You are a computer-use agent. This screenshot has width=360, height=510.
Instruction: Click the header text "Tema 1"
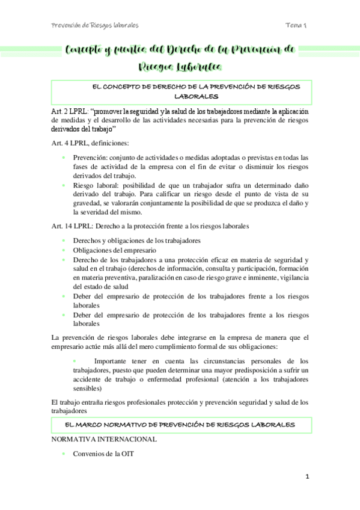(296, 26)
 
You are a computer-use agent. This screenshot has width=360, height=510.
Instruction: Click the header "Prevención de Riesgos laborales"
(95, 26)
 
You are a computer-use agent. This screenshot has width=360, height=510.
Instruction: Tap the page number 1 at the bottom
(307, 476)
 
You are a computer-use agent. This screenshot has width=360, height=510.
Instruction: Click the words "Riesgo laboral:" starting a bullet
(97, 185)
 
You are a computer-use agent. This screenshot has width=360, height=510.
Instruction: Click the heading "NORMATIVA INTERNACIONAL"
(105, 439)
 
